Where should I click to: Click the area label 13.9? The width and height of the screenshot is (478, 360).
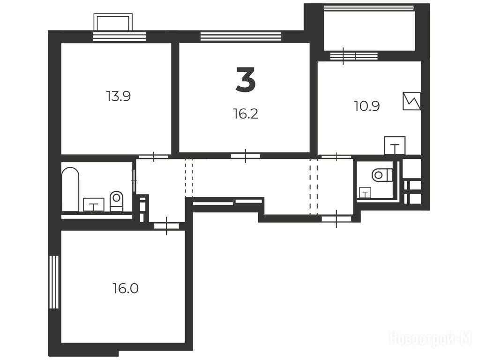coord(119,96)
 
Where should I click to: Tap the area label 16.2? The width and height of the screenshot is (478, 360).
coord(246,114)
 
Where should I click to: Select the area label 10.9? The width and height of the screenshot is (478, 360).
coord(367,106)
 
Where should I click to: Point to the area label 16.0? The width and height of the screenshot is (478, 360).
coord(126,288)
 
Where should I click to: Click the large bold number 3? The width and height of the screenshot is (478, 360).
coord(246,80)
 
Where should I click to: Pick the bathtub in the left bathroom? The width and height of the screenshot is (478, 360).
coord(70,189)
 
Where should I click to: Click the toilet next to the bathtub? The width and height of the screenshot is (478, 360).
coord(116,201)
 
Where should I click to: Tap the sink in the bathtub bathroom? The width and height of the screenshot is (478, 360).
coord(94,204)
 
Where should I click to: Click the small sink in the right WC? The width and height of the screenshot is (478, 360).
coord(365,193)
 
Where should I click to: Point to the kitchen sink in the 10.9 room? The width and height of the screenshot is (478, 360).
coord(395,145)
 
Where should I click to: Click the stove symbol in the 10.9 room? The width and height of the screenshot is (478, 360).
coord(412,101)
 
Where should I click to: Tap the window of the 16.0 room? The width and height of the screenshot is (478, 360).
coord(53,282)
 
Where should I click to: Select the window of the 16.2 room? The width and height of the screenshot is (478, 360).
coord(241,36)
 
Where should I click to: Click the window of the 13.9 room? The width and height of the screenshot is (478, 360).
coord(119,36)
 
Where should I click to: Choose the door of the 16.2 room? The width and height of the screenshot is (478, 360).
coord(246,156)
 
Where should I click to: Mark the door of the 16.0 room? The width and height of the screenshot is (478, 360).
coord(166,226)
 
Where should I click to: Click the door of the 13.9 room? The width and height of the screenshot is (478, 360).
coord(154,157)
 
